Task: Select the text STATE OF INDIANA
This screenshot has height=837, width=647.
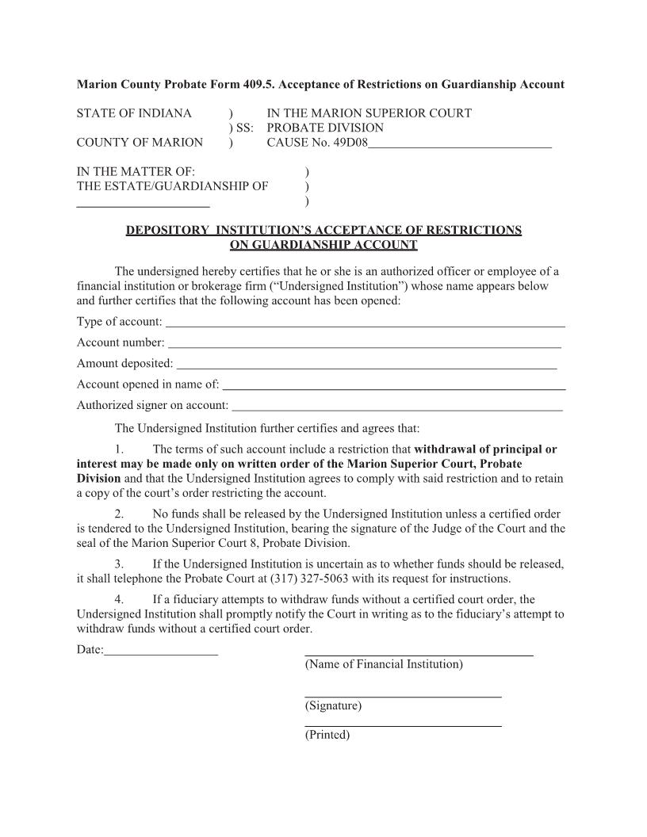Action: pyautogui.click(x=134, y=113)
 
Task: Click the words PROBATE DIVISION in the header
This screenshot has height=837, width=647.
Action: pyautogui.click(x=325, y=128)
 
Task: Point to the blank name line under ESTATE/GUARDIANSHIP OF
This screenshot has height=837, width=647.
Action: pyautogui.click(x=143, y=204)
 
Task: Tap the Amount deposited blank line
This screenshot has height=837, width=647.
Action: pyautogui.click(x=366, y=366)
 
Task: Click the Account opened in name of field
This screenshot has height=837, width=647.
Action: pyautogui.click(x=394, y=388)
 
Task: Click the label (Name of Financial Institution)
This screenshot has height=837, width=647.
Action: pyautogui.click(x=384, y=664)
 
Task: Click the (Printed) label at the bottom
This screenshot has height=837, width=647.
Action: pyautogui.click(x=327, y=735)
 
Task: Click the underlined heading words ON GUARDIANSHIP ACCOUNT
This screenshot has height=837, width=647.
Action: pyautogui.click(x=323, y=245)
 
